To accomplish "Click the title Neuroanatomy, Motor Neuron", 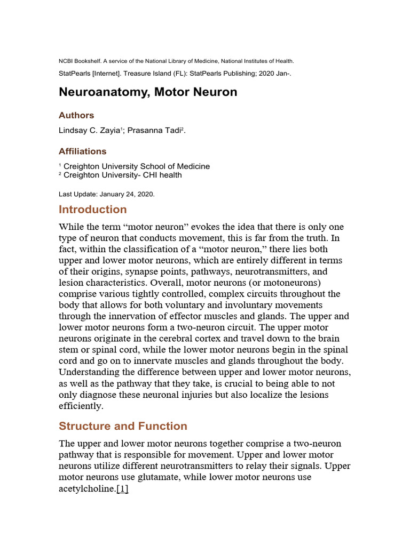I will [x=147, y=92].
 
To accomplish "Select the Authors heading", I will [x=76, y=115].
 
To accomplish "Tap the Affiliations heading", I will [x=82, y=151].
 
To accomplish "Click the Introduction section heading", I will [x=92, y=209].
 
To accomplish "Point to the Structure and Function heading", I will [x=123, y=425].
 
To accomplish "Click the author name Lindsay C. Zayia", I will [x=89, y=131].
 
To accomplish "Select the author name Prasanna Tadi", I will [x=155, y=131].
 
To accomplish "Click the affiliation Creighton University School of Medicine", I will [x=136, y=166].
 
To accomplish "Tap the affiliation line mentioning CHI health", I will [x=122, y=175].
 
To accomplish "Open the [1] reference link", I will [x=122, y=488].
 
